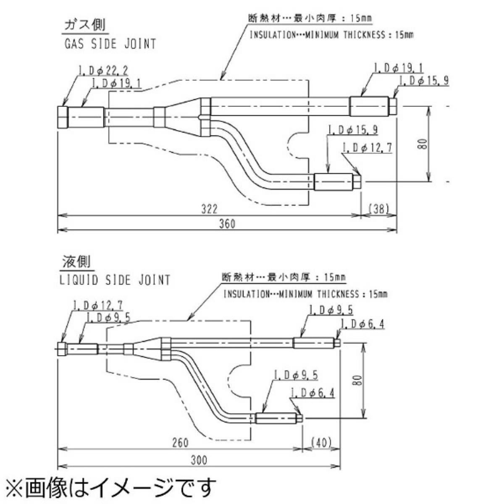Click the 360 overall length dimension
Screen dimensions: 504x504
coord(227,223)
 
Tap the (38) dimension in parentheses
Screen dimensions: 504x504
coord(379,208)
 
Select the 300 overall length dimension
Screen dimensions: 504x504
coord(199,460)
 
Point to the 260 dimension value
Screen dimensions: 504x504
coord(180,443)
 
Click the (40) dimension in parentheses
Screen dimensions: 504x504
coord(322,443)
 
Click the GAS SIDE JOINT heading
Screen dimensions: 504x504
coord(110,44)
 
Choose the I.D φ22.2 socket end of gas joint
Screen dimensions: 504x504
coord(62,117)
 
